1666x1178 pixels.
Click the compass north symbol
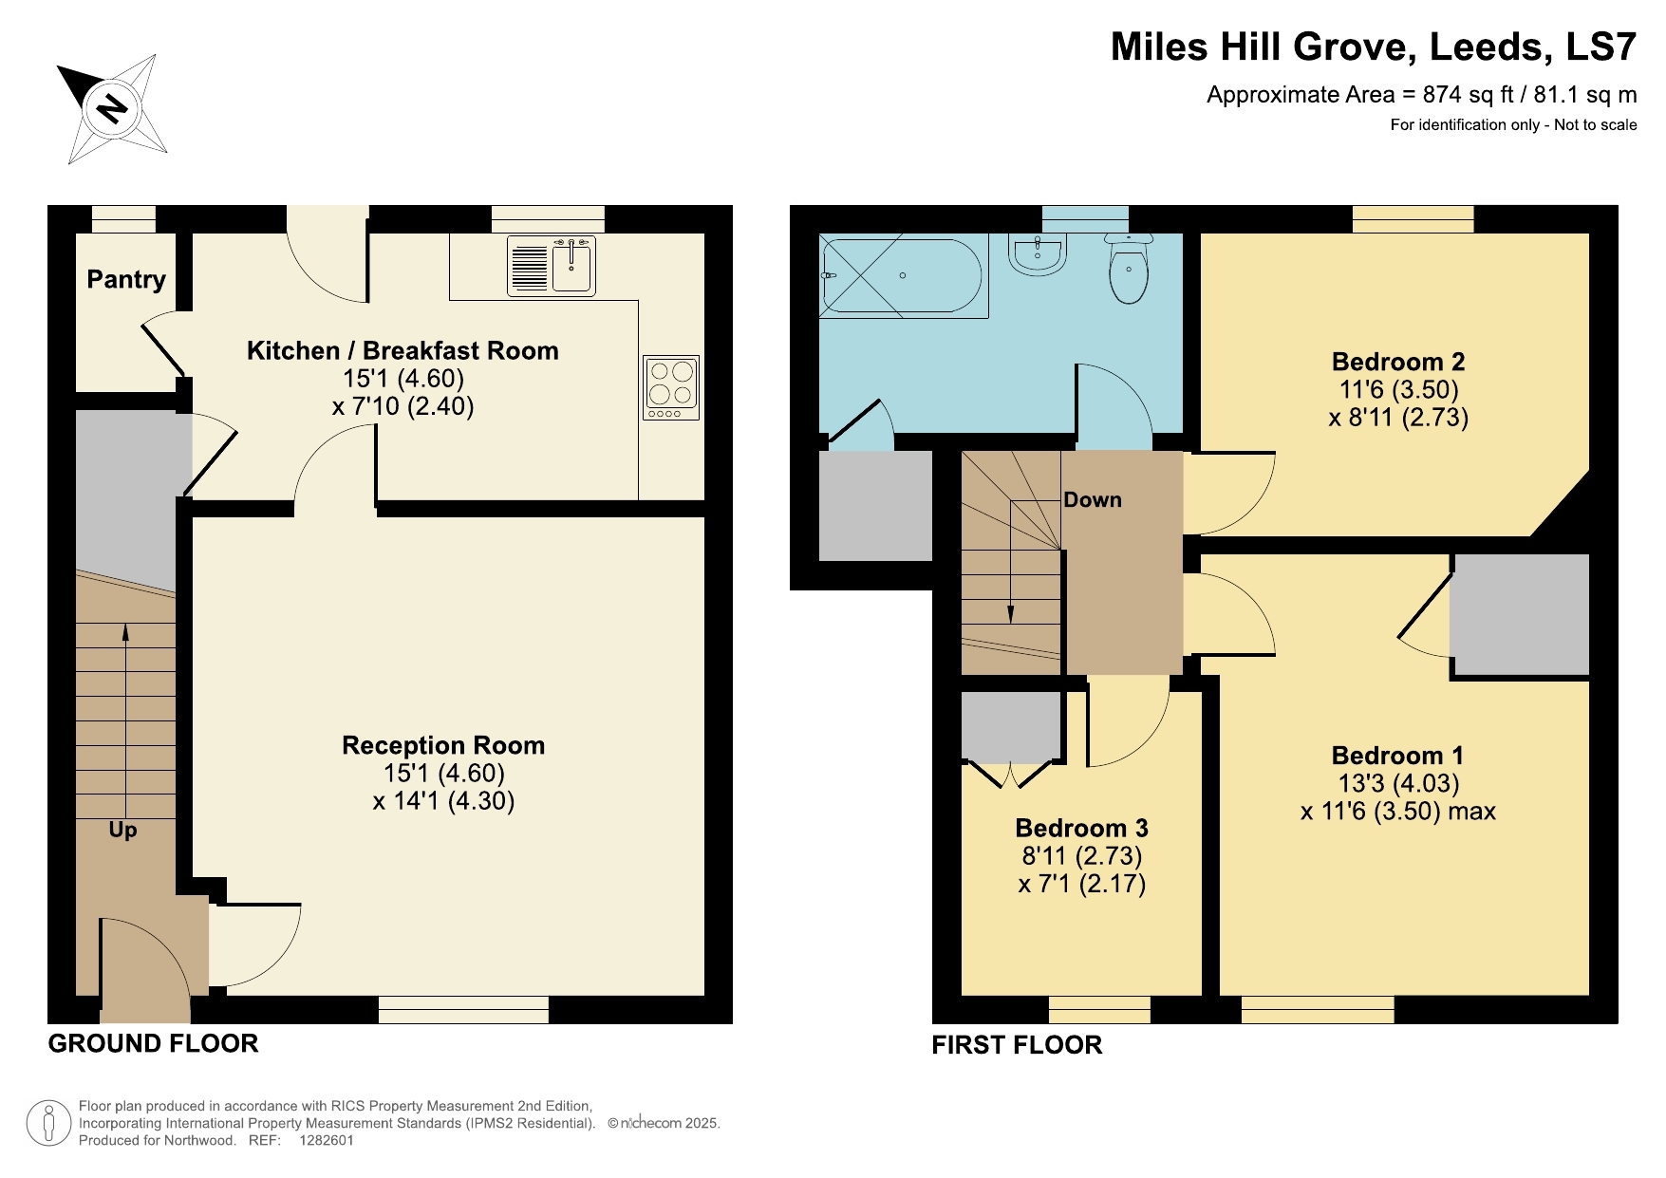(x=112, y=109)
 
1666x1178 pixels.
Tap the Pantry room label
(x=126, y=279)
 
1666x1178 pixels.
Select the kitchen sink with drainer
(x=551, y=267)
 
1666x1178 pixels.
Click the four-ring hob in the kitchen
(x=671, y=387)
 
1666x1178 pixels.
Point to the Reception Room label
(x=443, y=746)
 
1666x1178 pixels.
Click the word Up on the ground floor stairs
(x=122, y=831)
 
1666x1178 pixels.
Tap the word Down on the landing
(x=1092, y=500)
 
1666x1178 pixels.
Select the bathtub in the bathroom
(x=902, y=275)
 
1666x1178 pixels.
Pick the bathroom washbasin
(x=1038, y=254)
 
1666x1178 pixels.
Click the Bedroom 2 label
(x=1397, y=363)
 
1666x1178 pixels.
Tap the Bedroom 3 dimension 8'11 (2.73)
(x=1081, y=856)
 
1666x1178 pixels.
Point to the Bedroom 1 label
(x=1397, y=757)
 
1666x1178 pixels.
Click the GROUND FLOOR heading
(x=153, y=1044)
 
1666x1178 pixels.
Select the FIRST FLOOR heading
(x=1017, y=1046)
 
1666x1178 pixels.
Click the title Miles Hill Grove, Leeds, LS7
(x=1373, y=47)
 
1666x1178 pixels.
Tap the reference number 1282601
(x=326, y=1141)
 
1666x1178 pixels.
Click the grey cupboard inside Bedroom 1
(x=1520, y=615)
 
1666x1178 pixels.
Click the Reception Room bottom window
(x=463, y=1010)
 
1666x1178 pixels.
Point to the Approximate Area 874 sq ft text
(x=1420, y=95)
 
